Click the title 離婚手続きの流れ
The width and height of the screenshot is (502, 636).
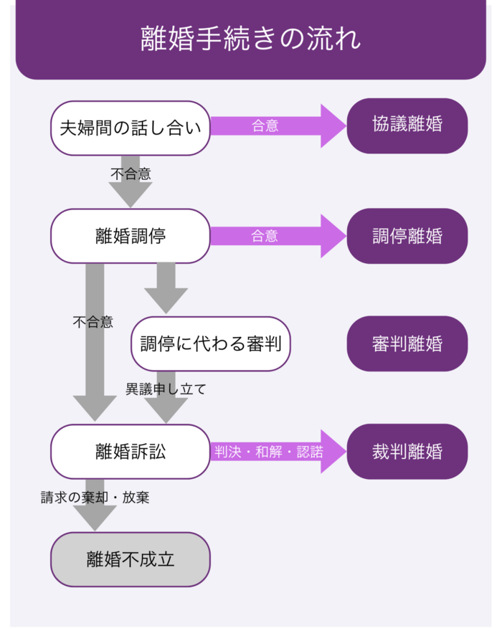point(250,39)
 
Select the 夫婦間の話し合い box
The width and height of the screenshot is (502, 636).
point(131,128)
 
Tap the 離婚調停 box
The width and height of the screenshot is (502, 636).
point(131,236)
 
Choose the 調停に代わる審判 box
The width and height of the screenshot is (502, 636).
point(211,343)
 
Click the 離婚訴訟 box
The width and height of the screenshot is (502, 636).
point(131,451)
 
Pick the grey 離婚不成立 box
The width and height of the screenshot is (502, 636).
point(131,559)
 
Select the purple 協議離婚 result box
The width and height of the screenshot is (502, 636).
point(407,125)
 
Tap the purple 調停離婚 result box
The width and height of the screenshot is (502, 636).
point(407,236)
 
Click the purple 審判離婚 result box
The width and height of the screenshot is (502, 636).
point(407,343)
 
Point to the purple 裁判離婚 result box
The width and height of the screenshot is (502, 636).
point(407,451)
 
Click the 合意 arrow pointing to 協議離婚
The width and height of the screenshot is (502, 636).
point(273,125)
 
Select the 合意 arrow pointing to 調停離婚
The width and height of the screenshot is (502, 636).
point(273,236)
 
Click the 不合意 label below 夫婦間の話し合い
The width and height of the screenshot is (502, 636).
point(131,173)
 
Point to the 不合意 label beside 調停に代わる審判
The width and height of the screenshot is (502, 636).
point(93,322)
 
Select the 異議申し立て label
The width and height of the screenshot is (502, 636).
point(166,389)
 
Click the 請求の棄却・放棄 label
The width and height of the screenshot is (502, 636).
point(95,497)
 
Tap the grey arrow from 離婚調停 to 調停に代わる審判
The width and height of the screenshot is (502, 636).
point(166,287)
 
